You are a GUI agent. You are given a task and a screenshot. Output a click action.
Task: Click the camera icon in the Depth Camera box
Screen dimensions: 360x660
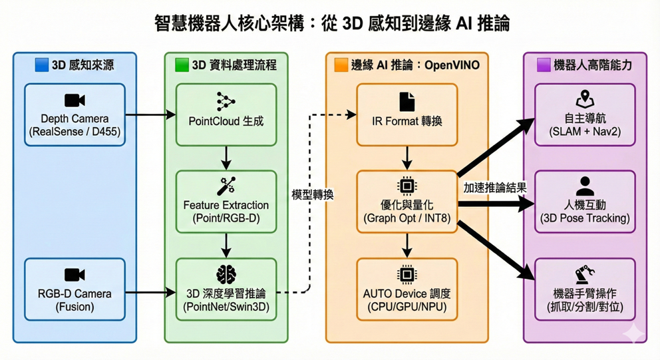tap(75, 100)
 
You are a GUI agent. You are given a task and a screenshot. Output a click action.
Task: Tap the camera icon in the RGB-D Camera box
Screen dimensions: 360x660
tap(75, 275)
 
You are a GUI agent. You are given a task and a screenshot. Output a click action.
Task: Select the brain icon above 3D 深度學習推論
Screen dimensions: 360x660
tap(226, 274)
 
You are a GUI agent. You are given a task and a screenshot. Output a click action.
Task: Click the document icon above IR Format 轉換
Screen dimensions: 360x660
tap(407, 101)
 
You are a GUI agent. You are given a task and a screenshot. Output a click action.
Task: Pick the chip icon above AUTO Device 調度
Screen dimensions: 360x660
tap(407, 273)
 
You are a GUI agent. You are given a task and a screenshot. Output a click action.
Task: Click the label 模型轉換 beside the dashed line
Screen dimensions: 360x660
tap(313, 195)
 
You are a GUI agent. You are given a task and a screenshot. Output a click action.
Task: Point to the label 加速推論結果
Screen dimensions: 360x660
tap(495, 188)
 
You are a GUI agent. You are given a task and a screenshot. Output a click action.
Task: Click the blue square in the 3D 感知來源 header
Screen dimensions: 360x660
tap(41, 65)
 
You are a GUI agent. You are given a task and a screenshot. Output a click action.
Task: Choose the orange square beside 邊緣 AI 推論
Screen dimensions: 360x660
tap(341, 65)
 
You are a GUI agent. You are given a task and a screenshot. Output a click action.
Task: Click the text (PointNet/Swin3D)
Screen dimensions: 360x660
tap(226, 307)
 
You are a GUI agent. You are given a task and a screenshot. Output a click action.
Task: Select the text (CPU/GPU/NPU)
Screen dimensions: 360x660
tap(407, 307)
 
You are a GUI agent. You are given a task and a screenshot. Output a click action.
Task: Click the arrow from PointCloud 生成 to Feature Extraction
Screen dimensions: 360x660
tap(226, 158)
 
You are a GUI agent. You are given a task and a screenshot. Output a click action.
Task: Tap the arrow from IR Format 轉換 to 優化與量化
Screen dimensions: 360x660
tap(407, 158)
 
